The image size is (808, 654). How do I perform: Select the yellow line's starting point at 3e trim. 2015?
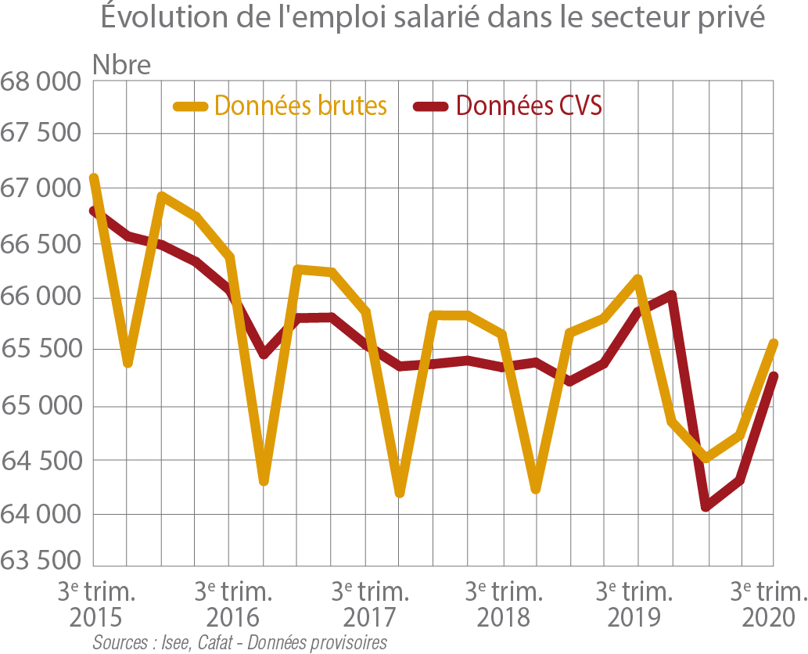coord(94,178)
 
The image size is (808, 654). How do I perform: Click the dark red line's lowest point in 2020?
coord(706,506)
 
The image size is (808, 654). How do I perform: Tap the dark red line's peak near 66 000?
coord(671,296)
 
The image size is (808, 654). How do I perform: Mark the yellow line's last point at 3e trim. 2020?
coord(774,343)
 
